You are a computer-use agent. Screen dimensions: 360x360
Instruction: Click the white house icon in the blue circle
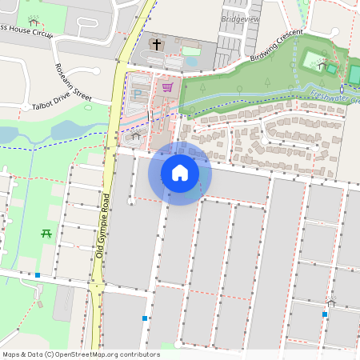[180, 173]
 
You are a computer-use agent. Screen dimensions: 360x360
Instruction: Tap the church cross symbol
[157, 44]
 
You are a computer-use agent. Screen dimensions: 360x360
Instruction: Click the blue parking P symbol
[136, 94]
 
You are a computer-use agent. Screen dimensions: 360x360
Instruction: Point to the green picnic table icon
[46, 234]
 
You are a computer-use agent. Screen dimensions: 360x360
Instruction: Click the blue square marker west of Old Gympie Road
[38, 275]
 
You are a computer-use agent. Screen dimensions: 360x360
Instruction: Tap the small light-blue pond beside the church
[190, 51]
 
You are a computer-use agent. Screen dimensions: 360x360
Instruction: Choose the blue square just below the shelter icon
[325, 314]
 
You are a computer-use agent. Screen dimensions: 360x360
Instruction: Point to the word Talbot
[42, 106]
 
